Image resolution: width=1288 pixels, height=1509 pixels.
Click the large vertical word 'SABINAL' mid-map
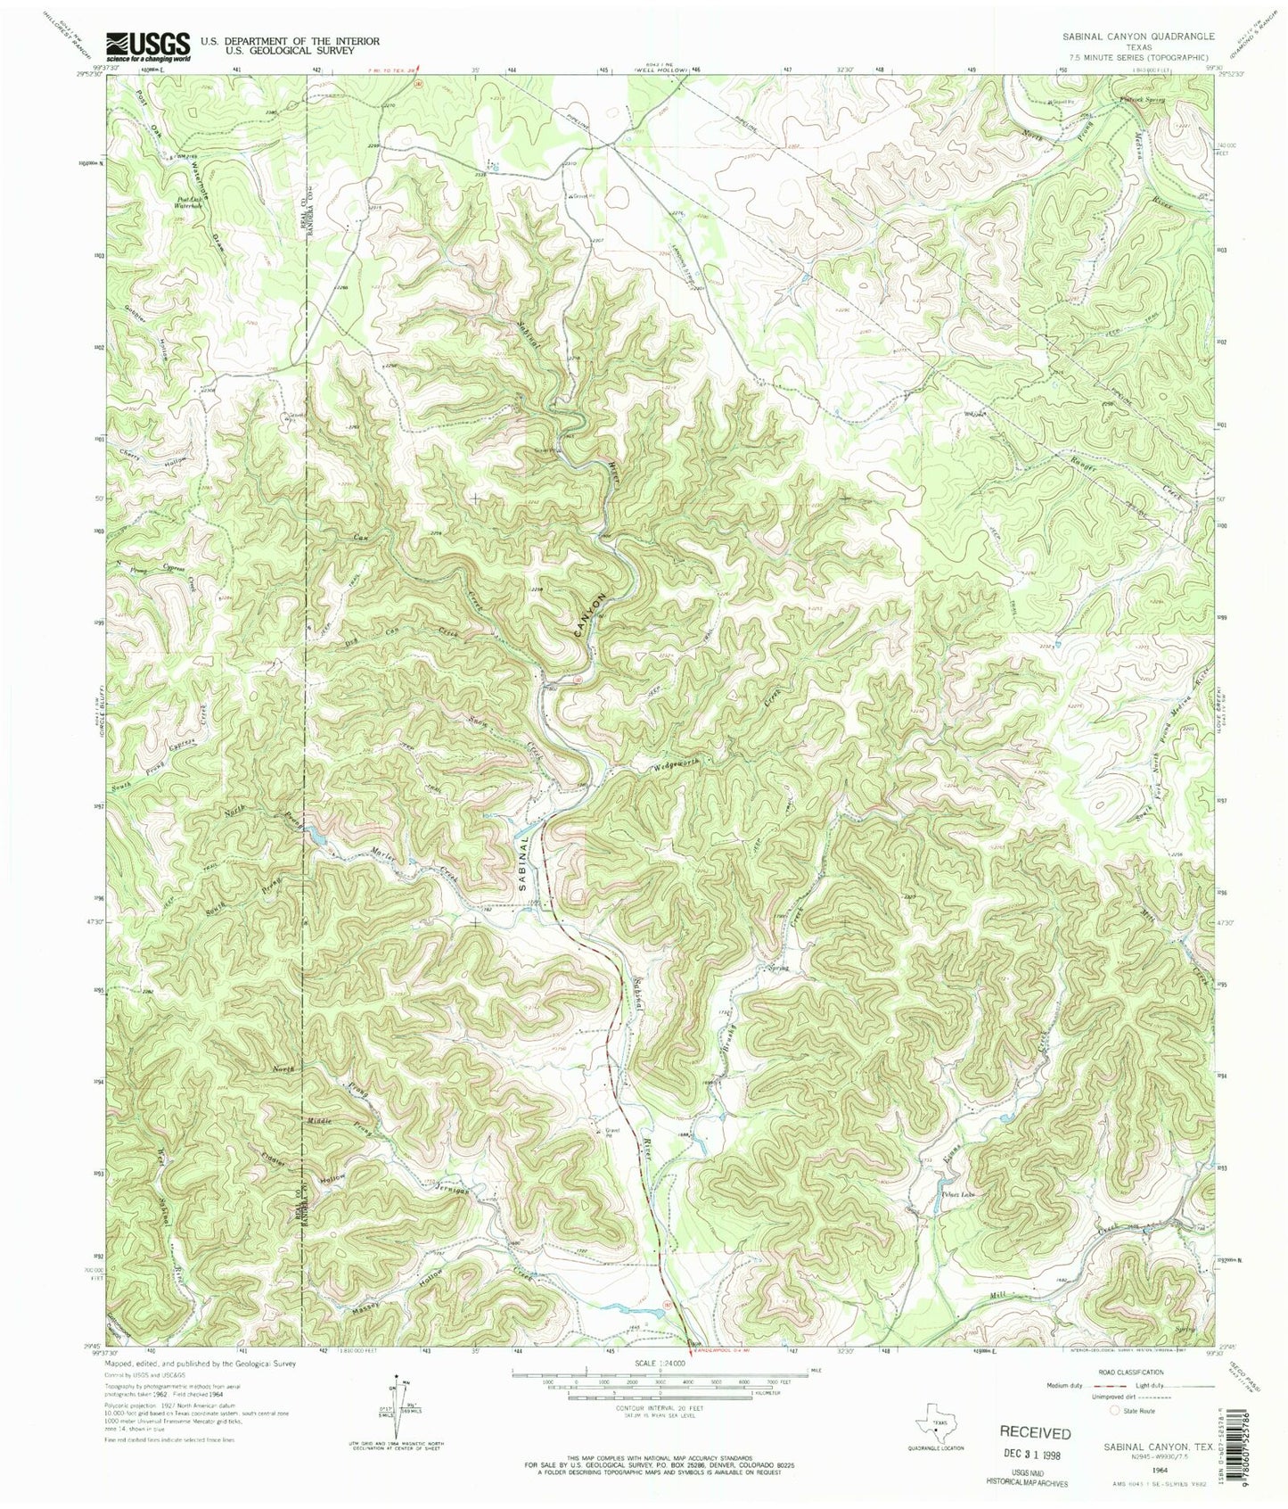tap(526, 862)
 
